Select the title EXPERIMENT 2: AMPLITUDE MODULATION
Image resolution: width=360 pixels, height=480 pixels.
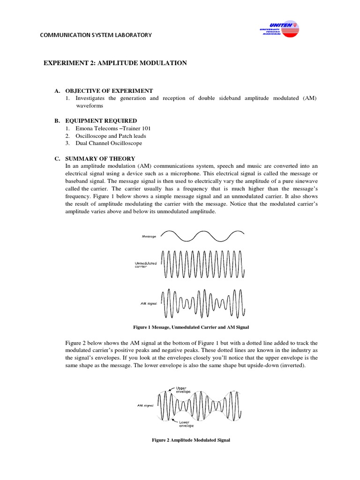(115, 63)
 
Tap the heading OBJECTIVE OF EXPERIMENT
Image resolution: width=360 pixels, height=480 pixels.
(109, 90)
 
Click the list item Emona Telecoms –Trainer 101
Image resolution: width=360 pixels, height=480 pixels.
(113, 128)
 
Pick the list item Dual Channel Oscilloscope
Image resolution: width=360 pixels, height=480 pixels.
(109, 143)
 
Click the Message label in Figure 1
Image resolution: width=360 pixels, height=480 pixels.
(149, 237)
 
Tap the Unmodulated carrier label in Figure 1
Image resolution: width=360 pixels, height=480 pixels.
(146, 265)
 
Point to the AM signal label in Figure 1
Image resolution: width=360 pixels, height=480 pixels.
(149, 303)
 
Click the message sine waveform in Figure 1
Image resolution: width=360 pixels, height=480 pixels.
(202, 235)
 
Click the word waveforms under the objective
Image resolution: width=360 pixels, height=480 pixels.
(90, 106)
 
